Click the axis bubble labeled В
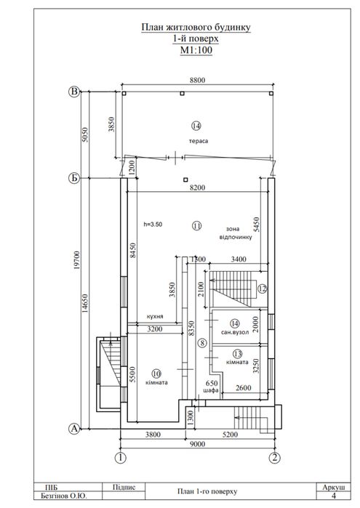point(75,92)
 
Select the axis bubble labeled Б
point(75,178)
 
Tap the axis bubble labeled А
point(75,429)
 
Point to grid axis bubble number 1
point(121,458)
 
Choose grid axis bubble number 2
point(275,458)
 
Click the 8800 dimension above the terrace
point(198,80)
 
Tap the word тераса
point(199,141)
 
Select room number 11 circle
point(197,225)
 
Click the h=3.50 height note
point(153,224)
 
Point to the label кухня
point(155,317)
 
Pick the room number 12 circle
point(262,288)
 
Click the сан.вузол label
point(235,332)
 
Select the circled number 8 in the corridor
point(202,342)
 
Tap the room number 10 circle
point(156,374)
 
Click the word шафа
point(211,390)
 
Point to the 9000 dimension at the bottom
point(198,444)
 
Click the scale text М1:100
point(196,50)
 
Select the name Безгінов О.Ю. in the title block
point(64,496)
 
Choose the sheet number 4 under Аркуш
point(334,496)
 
